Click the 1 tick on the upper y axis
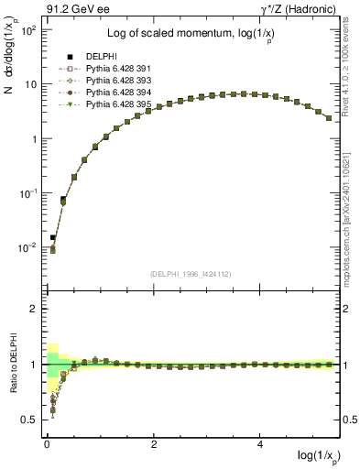[34, 139]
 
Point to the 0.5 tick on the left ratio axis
[28, 420]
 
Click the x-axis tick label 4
[261, 446]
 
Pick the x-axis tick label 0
[47, 446]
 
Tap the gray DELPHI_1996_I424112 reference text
[190, 271]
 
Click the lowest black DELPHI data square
[53, 237]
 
